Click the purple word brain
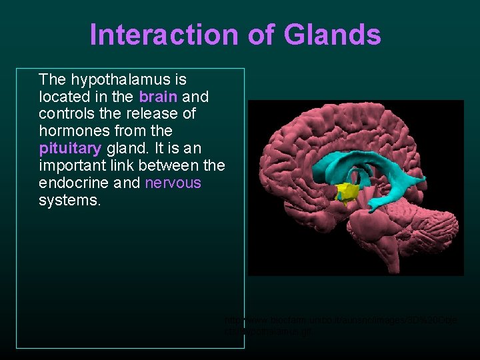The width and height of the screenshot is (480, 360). (158, 97)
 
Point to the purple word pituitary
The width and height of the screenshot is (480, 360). (70, 148)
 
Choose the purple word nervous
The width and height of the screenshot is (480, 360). (173, 183)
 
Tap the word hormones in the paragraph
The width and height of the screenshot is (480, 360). (74, 131)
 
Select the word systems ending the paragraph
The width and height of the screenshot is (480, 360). (70, 200)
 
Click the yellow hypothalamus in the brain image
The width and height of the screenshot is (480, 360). (347, 192)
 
